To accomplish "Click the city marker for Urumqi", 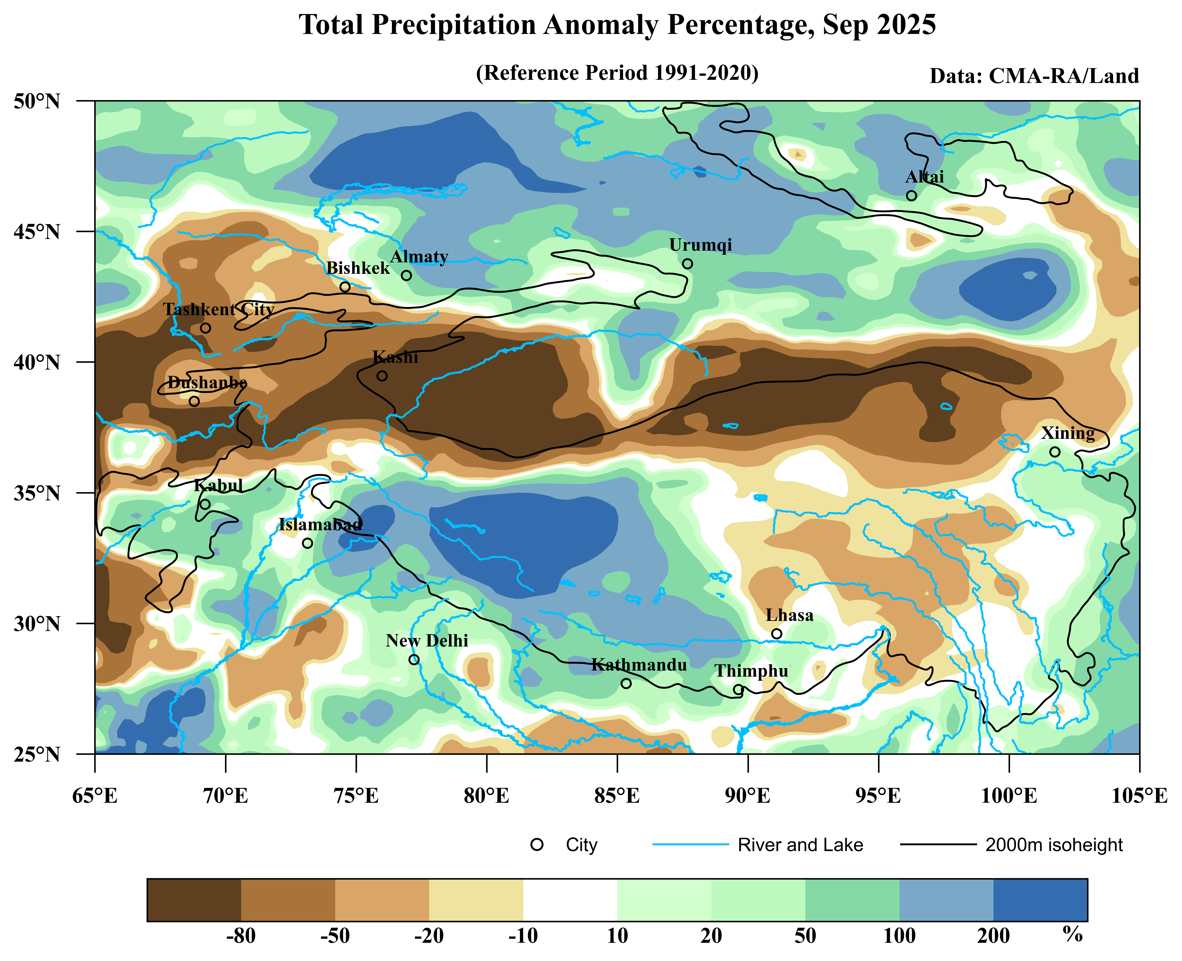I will click(687, 263).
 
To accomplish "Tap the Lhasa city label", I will click(789, 615).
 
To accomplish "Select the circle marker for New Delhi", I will click(414, 659).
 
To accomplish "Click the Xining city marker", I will click(1055, 452).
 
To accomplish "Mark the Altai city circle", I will click(911, 195).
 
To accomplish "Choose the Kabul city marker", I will click(205, 504).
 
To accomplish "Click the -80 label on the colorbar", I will click(241, 936).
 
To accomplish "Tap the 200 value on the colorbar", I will click(993, 936).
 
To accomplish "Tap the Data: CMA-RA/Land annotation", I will click(1034, 76).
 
